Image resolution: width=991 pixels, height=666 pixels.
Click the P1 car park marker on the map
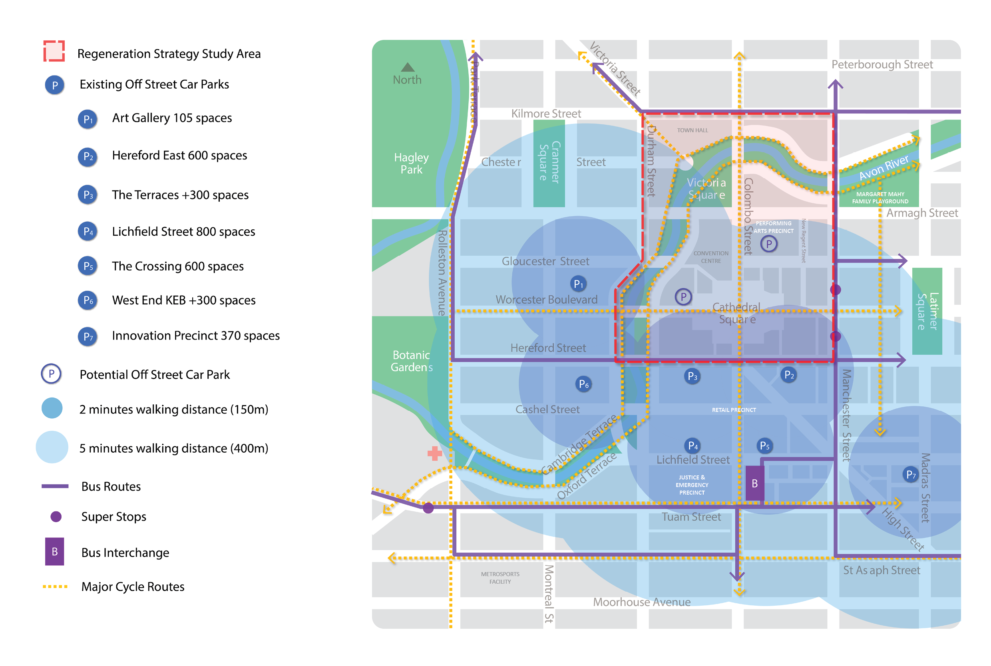pyautogui.click(x=578, y=284)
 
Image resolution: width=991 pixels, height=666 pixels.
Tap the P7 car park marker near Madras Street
pyautogui.click(x=911, y=475)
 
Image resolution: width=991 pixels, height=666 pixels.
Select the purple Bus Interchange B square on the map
pyautogui.click(x=754, y=483)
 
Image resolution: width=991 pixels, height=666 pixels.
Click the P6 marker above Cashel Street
pyautogui.click(x=584, y=384)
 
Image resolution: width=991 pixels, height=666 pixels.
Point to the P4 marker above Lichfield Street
pyautogui.click(x=693, y=445)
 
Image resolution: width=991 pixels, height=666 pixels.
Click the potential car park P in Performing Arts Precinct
pyautogui.click(x=768, y=244)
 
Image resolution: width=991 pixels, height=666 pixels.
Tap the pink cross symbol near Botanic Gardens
pyautogui.click(x=434, y=453)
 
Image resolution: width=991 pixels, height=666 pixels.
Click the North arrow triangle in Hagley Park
pyautogui.click(x=407, y=67)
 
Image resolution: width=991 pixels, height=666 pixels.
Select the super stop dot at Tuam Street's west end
pyautogui.click(x=428, y=507)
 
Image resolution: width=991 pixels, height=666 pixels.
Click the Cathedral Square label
pyautogui.click(x=736, y=313)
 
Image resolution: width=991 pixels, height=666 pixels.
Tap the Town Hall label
pyautogui.click(x=693, y=130)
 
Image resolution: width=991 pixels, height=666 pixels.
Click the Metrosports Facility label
pyautogui.click(x=500, y=578)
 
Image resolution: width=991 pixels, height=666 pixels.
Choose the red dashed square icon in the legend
pyautogui.click(x=54, y=52)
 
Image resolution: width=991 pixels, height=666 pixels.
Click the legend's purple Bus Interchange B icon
pyautogui.click(x=54, y=551)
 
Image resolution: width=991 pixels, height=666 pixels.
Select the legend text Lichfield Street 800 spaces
pyautogui.click(x=183, y=231)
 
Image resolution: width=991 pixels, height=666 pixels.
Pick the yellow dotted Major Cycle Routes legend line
pyautogui.click(x=55, y=586)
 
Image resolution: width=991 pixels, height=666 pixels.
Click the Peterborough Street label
pyautogui.click(x=882, y=65)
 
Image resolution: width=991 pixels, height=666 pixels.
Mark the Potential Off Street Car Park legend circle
pyautogui.click(x=52, y=374)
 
